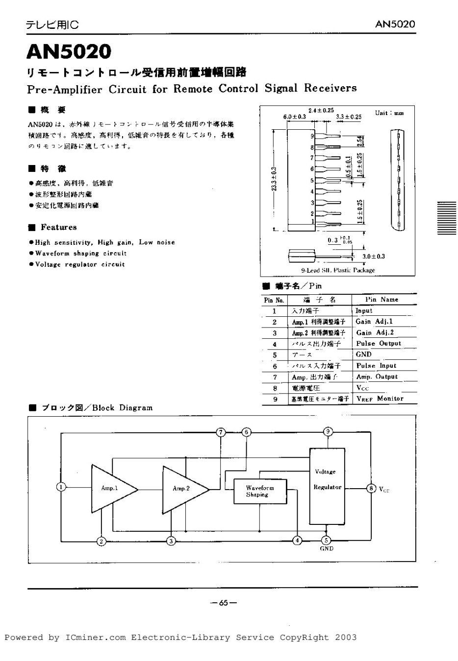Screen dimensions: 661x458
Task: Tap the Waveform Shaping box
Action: click(259, 491)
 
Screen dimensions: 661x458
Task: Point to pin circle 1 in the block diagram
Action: click(61, 487)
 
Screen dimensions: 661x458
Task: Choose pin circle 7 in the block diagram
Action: click(222, 432)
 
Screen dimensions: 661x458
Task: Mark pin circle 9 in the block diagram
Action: click(328, 431)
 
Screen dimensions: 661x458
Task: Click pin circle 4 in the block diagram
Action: click(297, 541)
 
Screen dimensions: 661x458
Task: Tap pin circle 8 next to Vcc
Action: click(371, 488)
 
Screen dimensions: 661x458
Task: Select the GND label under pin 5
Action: click(327, 549)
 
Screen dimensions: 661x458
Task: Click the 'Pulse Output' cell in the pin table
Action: click(379, 344)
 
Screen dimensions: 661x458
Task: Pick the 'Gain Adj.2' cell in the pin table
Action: click(375, 332)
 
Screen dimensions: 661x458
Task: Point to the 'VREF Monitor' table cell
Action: click(380, 399)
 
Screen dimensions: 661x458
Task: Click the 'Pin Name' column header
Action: click(382, 299)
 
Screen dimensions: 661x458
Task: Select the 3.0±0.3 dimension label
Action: click(374, 256)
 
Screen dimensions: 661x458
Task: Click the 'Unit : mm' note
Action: click(389, 113)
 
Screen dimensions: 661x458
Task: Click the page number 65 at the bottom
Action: click(223, 603)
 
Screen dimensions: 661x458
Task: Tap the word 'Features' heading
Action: click(59, 227)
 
